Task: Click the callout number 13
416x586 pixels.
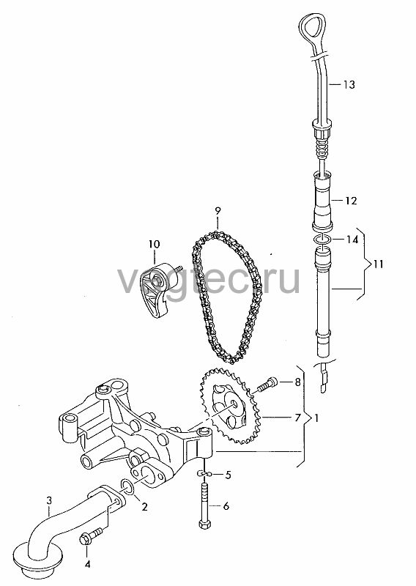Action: click(349, 85)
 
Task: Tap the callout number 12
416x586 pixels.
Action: click(351, 201)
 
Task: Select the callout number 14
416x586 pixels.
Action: click(352, 240)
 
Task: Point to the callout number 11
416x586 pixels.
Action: click(378, 264)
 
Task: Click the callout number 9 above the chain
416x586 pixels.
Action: click(218, 211)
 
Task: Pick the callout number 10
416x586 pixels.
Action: click(154, 245)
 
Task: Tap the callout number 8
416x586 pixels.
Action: click(297, 382)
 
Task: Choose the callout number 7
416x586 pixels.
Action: click(297, 418)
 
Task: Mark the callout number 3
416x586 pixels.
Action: click(49, 500)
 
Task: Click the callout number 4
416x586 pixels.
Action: click(87, 564)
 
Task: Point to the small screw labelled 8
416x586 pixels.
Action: click(267, 385)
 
